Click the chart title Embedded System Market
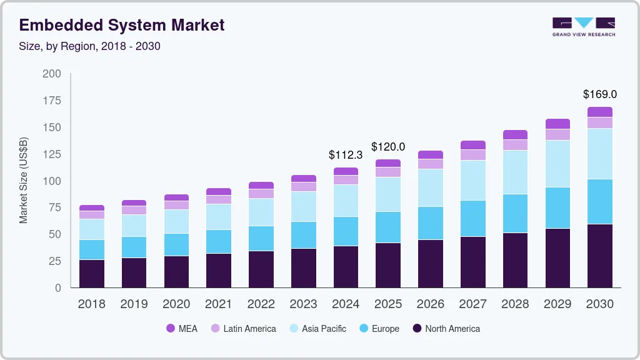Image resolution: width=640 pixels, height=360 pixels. click(x=122, y=25)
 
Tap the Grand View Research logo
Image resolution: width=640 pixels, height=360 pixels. click(x=583, y=26)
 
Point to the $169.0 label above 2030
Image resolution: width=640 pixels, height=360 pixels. click(x=599, y=94)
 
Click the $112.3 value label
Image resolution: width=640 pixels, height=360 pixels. click(x=346, y=155)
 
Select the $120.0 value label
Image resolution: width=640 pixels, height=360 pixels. click(x=388, y=147)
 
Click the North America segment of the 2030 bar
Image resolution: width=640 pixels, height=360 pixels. click(x=599, y=256)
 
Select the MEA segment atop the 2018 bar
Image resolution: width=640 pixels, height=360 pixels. click(x=92, y=207)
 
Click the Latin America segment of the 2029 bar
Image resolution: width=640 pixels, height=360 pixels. click(x=557, y=134)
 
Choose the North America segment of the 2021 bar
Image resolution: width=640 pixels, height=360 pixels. click(x=219, y=270)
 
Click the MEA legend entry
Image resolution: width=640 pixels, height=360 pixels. click(x=181, y=329)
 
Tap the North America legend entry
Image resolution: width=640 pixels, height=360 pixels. click(x=446, y=329)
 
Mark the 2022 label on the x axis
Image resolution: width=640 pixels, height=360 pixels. click(x=261, y=304)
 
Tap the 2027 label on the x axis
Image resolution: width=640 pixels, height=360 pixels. click(x=472, y=304)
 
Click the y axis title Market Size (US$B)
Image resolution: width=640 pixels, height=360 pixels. click(x=24, y=181)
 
